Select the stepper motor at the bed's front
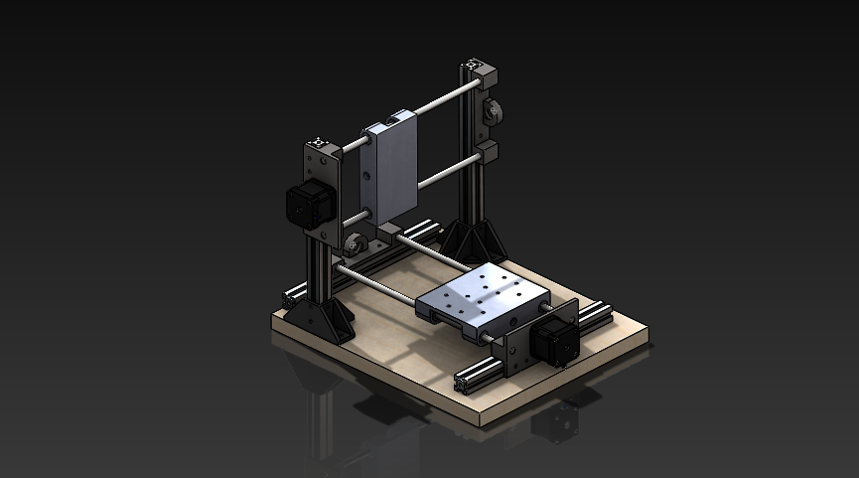click(x=548, y=343)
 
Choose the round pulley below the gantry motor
click(x=356, y=243)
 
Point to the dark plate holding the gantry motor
click(x=324, y=189)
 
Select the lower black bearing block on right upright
click(x=487, y=156)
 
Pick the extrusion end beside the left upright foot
click(x=291, y=295)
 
